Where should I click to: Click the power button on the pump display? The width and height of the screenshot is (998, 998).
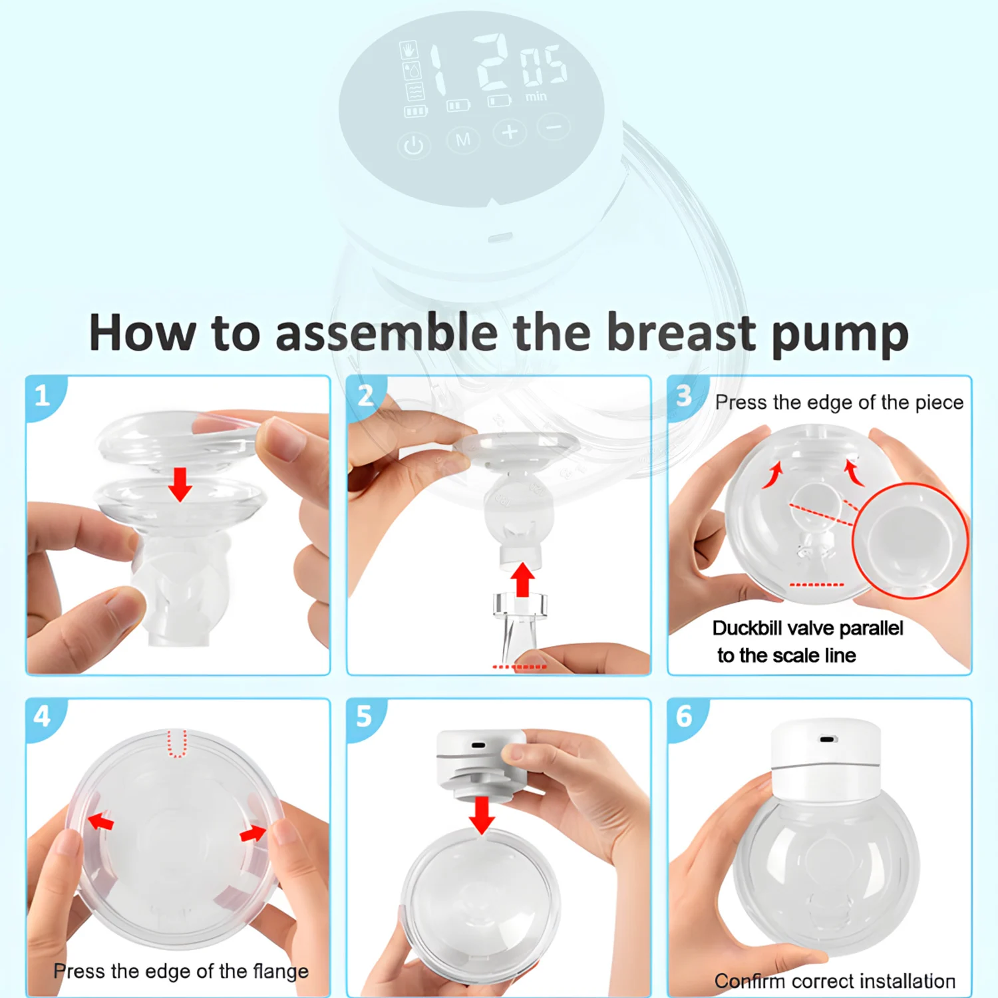pyautogui.click(x=413, y=146)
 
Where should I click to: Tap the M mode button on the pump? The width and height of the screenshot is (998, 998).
pyautogui.click(x=463, y=139)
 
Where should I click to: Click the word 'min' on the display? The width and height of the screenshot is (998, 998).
pyautogui.click(x=536, y=97)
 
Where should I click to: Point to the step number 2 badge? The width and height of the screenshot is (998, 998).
pyautogui.click(x=365, y=396)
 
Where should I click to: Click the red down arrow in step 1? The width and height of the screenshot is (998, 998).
pyautogui.click(x=180, y=484)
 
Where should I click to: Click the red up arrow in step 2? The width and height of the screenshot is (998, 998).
pyautogui.click(x=523, y=580)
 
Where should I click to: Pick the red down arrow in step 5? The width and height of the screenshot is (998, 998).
pyautogui.click(x=482, y=816)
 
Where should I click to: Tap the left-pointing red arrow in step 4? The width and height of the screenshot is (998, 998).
pyautogui.click(x=100, y=821)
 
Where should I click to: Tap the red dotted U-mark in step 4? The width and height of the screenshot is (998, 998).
pyautogui.click(x=176, y=744)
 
